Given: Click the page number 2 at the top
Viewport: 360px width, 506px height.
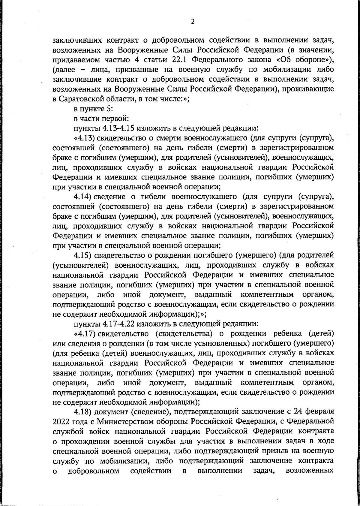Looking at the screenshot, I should click(x=193, y=21).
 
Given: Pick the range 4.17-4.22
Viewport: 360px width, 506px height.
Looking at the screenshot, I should click(x=120, y=324).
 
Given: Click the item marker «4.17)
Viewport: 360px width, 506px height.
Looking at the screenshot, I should click(x=84, y=334).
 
